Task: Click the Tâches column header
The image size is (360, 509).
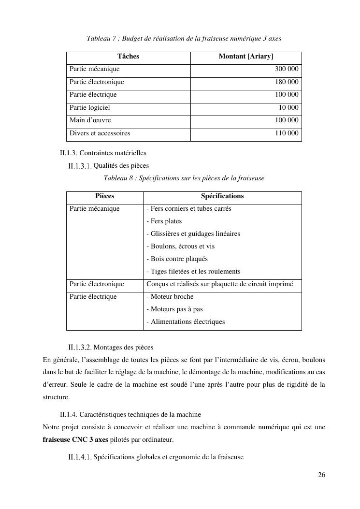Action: [128, 57]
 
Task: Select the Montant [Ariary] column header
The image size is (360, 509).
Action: [246, 57]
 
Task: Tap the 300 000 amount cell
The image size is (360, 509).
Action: [287, 70]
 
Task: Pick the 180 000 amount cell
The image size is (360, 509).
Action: [287, 82]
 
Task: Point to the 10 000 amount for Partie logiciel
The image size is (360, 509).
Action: [288, 108]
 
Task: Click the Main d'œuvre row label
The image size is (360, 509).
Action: [90, 120]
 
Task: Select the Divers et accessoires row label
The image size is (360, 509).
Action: [100, 133]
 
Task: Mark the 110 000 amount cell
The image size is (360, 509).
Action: [287, 133]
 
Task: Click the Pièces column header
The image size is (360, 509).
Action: [105, 196]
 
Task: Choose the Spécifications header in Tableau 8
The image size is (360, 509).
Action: [222, 196]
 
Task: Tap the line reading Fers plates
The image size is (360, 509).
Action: [164, 221]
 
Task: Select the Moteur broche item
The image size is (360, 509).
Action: [170, 297]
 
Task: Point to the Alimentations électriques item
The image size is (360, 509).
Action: [186, 322]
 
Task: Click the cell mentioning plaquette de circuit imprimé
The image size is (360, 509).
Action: [220, 284]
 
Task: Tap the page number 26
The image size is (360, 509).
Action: [321, 475]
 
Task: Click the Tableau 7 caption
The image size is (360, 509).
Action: [184, 38]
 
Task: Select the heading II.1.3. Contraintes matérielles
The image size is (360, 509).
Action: [103, 153]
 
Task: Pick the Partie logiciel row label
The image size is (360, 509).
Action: [90, 108]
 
